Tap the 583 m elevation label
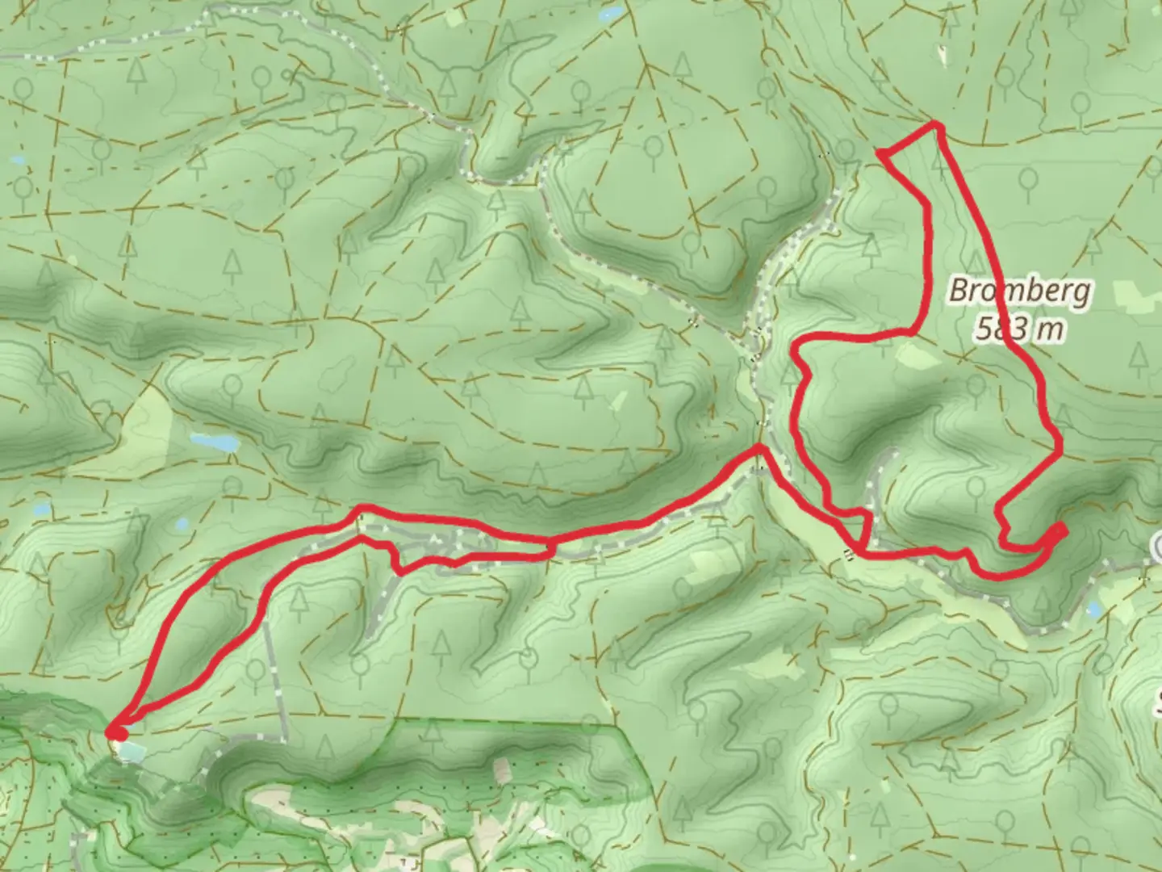pyautogui.click(x=1019, y=329)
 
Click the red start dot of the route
pyautogui.click(x=118, y=732)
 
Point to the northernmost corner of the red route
pyautogui.click(x=935, y=124)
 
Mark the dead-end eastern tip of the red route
pyautogui.click(x=1063, y=529)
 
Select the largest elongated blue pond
pyautogui.click(x=214, y=442)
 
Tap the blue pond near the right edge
pyautogui.click(x=1094, y=610)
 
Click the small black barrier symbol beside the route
pyautogui.click(x=848, y=553)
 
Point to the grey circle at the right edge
pyautogui.click(x=1157, y=548)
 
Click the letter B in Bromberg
pyautogui.click(x=959, y=291)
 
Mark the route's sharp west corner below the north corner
pyautogui.click(x=880, y=152)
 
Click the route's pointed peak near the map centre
pyautogui.click(x=759, y=446)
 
